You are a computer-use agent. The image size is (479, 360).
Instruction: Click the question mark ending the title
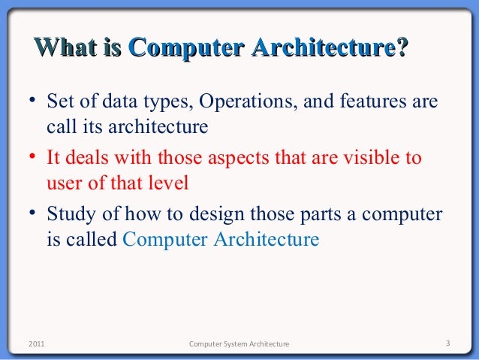pos(402,48)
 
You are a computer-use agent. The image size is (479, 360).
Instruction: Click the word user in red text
pos(62,183)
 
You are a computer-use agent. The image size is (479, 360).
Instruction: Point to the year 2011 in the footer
pos(35,344)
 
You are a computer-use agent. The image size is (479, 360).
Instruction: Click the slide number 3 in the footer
pos(447,344)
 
